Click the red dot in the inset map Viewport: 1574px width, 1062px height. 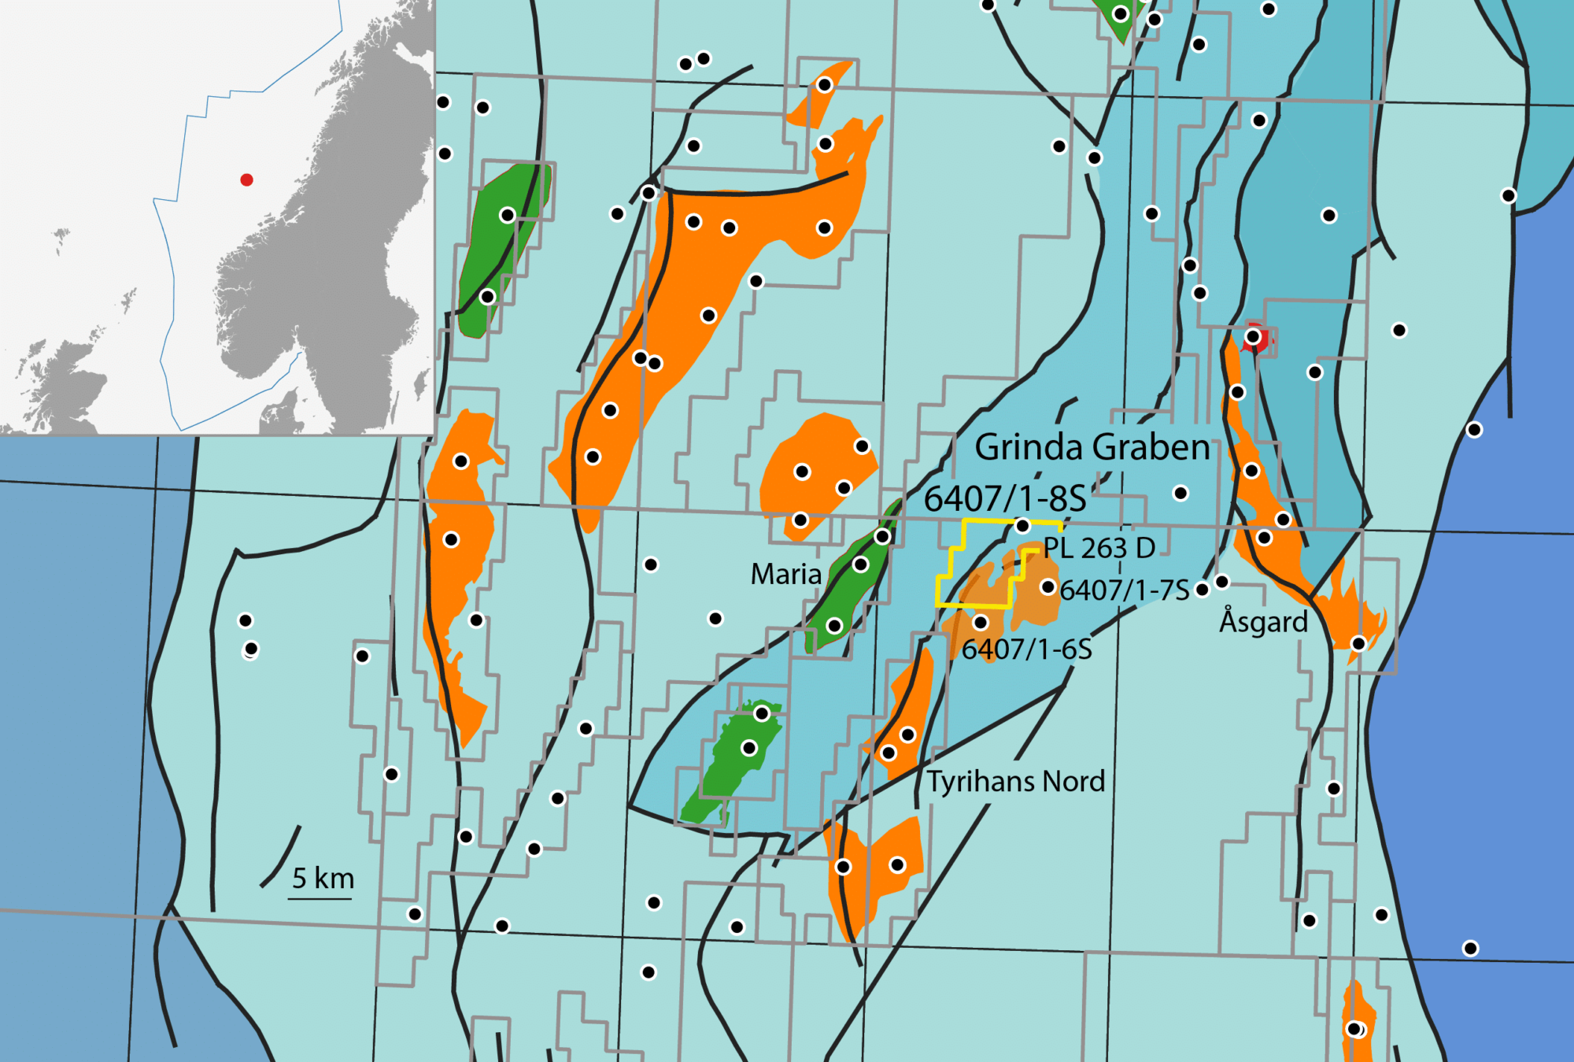coord(246,179)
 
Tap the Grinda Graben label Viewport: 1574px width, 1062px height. coord(1092,447)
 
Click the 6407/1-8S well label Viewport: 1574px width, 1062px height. coord(1004,498)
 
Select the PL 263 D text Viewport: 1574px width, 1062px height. coord(1099,548)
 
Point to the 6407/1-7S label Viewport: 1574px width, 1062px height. coord(1124,590)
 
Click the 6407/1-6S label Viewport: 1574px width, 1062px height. coord(1026,649)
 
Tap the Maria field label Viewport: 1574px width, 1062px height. coord(785,574)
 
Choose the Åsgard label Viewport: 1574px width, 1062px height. coord(1262,621)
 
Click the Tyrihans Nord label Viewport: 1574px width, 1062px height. coord(1015,781)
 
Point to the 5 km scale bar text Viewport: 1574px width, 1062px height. coord(323,878)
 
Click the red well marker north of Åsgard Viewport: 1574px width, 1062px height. coord(1254,337)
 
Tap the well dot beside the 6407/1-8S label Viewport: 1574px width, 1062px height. coord(1022,525)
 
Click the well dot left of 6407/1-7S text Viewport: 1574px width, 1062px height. coord(1047,587)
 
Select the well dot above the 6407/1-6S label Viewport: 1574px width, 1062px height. coord(980,623)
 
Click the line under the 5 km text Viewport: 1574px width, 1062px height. coord(320,897)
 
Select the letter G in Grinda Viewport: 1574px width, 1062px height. coord(988,447)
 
